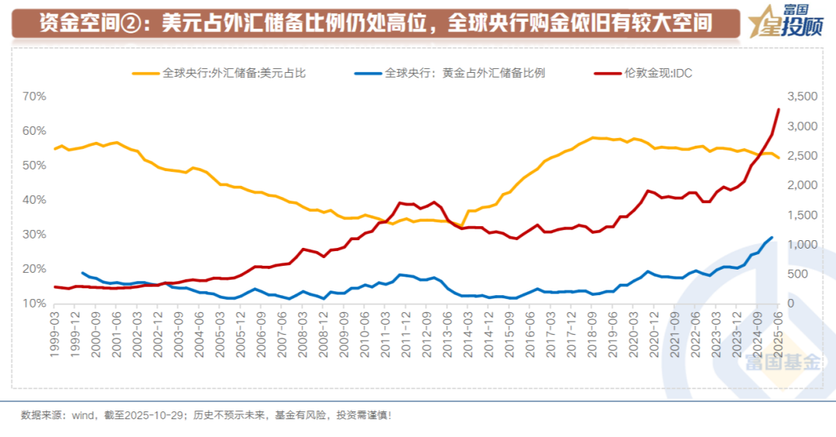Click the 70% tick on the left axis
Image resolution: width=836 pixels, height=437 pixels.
(x=35, y=97)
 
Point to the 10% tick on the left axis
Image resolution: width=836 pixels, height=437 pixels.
(x=35, y=303)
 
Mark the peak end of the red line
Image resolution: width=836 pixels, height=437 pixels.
(x=778, y=110)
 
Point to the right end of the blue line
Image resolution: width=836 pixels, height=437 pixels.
(x=771, y=237)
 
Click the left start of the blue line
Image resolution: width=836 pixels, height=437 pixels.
(x=82, y=273)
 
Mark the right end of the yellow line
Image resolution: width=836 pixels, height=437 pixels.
(x=778, y=158)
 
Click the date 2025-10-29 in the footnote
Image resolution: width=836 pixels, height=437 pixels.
(x=159, y=415)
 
